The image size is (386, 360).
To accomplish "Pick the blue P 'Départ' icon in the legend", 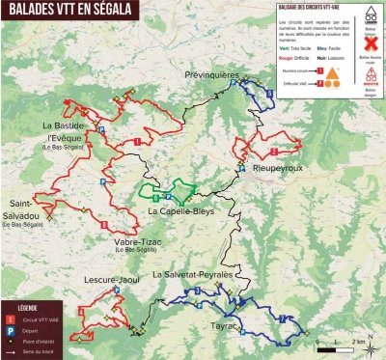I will (x=13, y=328).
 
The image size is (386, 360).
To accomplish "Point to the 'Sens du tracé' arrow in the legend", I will (x=13, y=354).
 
